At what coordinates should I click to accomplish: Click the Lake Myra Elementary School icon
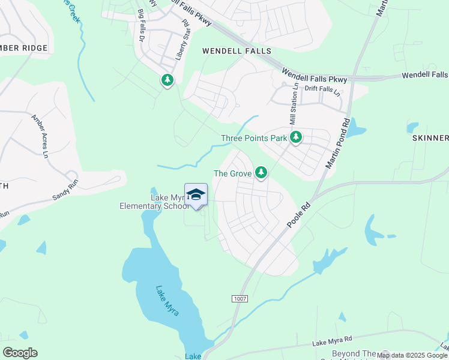196,194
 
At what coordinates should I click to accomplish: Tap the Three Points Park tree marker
295,137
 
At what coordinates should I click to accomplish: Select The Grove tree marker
261,172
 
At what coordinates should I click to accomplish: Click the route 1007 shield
238,298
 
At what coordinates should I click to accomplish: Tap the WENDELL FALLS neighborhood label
237,52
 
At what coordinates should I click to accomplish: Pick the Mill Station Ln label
294,104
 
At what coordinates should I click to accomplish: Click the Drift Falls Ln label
322,91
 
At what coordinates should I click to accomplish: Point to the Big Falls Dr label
142,25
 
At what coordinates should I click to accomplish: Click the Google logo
20,353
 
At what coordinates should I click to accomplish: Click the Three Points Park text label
254,138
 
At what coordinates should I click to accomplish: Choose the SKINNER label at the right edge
430,138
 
